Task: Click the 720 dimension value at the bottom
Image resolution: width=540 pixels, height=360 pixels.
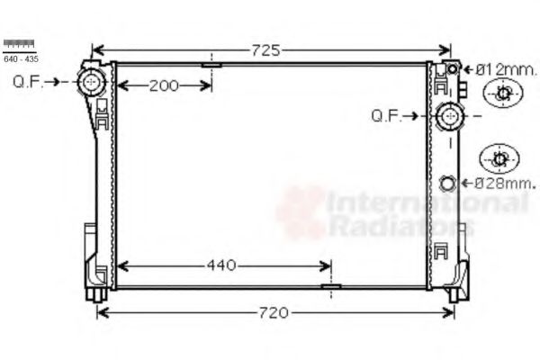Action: point(274,313)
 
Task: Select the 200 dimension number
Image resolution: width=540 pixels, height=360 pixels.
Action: point(163,85)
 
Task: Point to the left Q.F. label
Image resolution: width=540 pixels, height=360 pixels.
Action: point(28,82)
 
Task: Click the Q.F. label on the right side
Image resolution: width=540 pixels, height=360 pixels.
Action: point(387,115)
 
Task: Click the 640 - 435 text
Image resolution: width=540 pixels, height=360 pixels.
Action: point(19,58)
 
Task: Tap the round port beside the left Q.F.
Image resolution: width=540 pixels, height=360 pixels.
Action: point(91,83)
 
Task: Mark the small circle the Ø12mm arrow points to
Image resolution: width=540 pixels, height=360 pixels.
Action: point(454,68)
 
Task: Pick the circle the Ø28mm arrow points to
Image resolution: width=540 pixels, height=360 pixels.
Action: point(448,184)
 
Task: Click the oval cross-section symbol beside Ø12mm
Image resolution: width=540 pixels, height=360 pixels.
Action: point(502,93)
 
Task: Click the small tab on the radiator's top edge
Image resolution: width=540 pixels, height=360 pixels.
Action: point(211,64)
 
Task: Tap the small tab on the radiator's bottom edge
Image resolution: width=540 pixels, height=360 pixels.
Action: point(331,287)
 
